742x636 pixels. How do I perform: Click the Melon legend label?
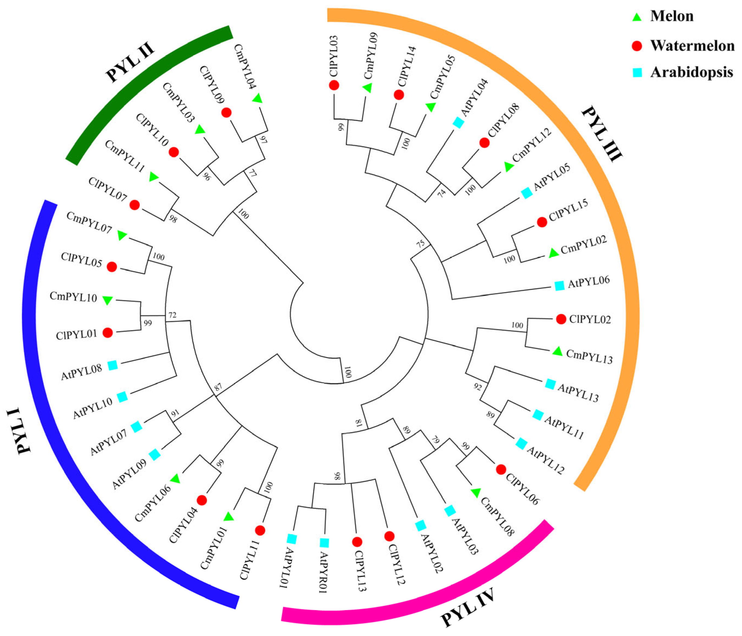point(672,16)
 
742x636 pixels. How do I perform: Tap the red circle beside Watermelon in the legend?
point(637,46)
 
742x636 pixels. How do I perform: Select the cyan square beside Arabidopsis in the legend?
point(637,72)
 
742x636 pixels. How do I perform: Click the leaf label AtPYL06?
point(589,282)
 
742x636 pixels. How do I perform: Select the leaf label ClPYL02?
point(590,319)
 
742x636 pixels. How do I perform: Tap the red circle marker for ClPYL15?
point(542,222)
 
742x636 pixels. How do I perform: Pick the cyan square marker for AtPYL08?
point(113,365)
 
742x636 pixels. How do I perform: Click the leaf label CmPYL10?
point(73,297)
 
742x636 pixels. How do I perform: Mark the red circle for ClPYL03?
point(334,85)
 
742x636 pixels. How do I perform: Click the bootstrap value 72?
point(172,315)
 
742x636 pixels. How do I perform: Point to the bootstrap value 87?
point(218,386)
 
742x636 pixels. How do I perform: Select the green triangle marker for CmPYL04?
point(257,98)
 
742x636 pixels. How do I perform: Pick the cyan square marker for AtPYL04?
point(458,123)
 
